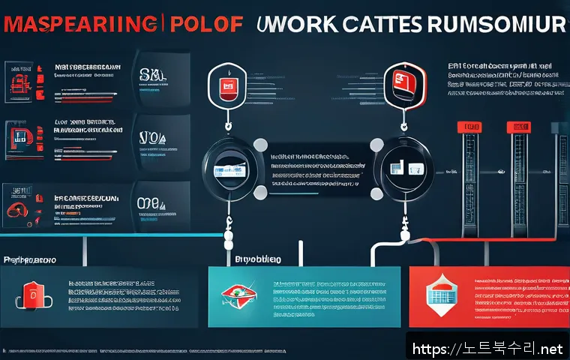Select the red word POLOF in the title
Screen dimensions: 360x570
point(204,24)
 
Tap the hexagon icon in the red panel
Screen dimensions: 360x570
point(441,295)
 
